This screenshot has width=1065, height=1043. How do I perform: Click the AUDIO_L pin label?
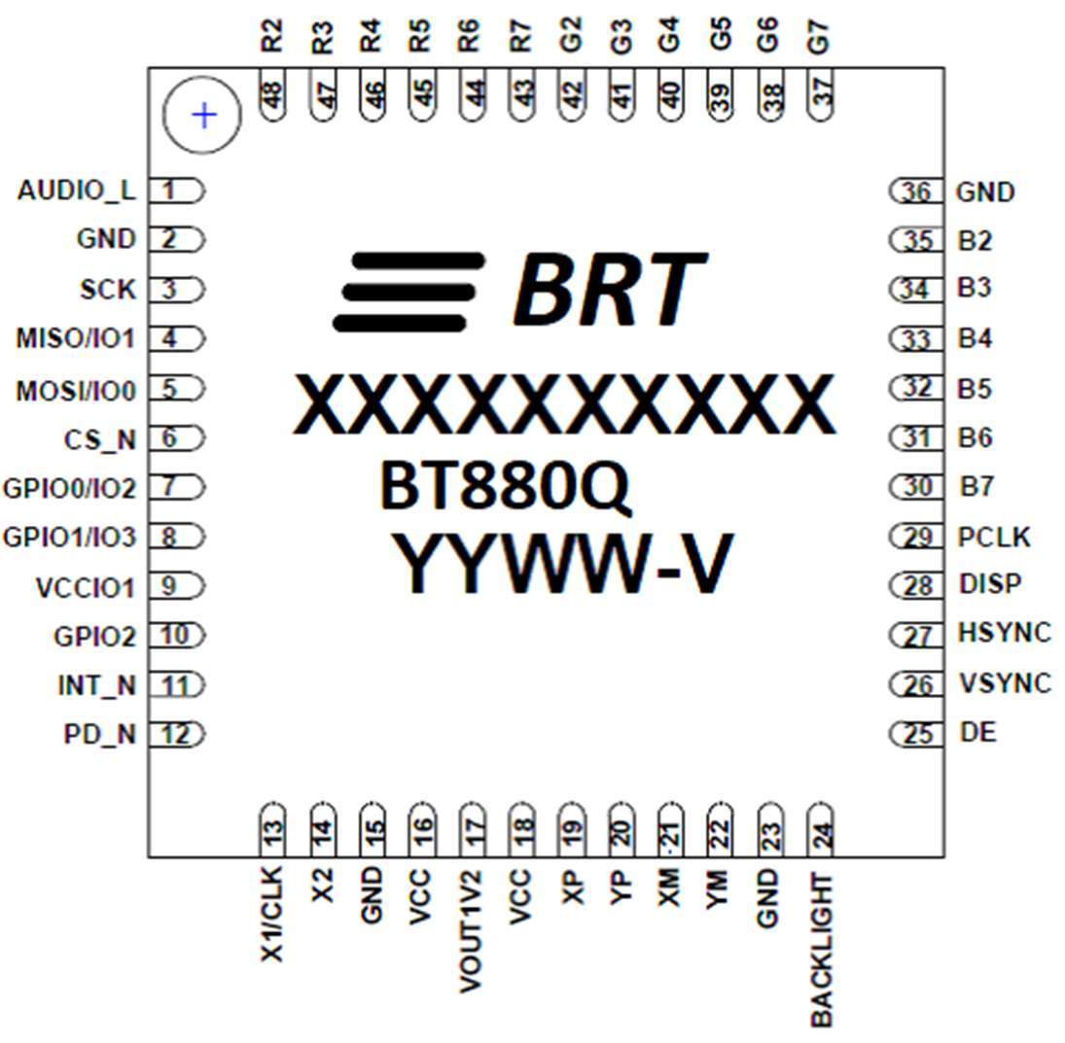click(76, 191)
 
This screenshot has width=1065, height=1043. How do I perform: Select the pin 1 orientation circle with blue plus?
click(203, 116)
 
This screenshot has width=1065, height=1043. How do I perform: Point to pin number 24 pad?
click(821, 830)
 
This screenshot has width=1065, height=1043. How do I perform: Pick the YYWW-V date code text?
click(561, 565)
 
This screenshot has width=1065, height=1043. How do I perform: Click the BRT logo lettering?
click(608, 290)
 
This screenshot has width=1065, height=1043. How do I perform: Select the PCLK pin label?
click(993, 538)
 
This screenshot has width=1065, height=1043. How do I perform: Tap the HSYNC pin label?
click(1004, 633)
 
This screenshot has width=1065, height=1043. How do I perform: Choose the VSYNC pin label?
click(1004, 683)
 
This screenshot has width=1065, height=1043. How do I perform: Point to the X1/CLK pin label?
click(273, 914)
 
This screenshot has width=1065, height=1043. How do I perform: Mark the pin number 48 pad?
click(273, 95)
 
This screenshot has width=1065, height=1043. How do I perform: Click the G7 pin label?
click(821, 39)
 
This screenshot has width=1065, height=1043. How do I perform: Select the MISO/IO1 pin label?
click(75, 339)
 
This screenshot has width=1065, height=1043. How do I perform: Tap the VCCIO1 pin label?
click(85, 588)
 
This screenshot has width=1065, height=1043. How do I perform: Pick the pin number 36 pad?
click(916, 192)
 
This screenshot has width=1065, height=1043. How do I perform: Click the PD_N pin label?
click(99, 735)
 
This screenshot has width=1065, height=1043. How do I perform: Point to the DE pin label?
click(976, 732)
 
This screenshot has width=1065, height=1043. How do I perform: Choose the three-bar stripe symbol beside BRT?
click(408, 291)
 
